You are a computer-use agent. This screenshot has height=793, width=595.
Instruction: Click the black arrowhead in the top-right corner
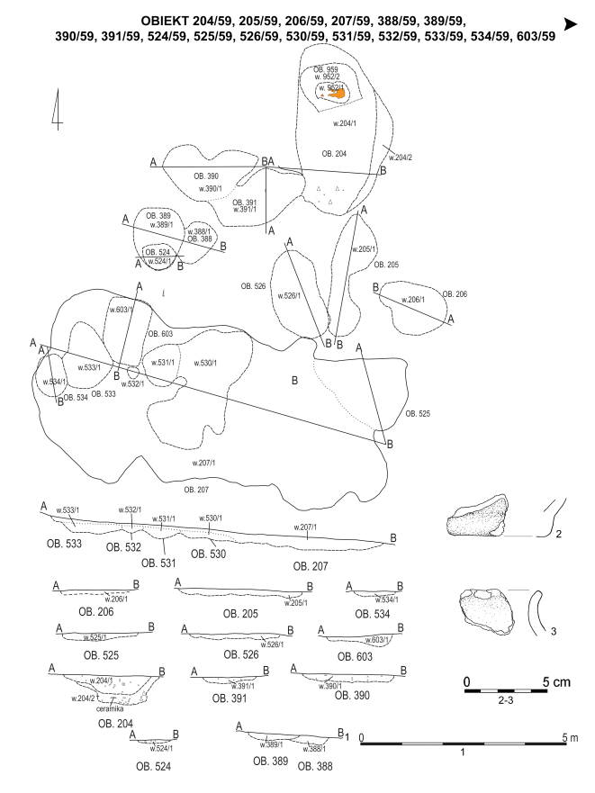[x=570, y=24]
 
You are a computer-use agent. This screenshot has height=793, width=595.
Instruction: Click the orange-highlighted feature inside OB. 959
[x=339, y=94]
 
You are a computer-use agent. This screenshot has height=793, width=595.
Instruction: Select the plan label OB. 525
[x=419, y=413]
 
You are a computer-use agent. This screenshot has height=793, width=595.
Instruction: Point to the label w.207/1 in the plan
[x=204, y=463]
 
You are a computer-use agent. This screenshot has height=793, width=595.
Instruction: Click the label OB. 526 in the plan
[x=253, y=286]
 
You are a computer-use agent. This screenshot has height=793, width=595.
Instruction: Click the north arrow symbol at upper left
[x=58, y=110]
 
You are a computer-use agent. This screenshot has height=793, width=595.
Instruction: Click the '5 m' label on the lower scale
[x=570, y=737]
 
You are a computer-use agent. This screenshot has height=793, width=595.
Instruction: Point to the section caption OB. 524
[x=155, y=767]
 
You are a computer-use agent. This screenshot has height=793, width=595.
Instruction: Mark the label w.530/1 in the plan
[x=204, y=363]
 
